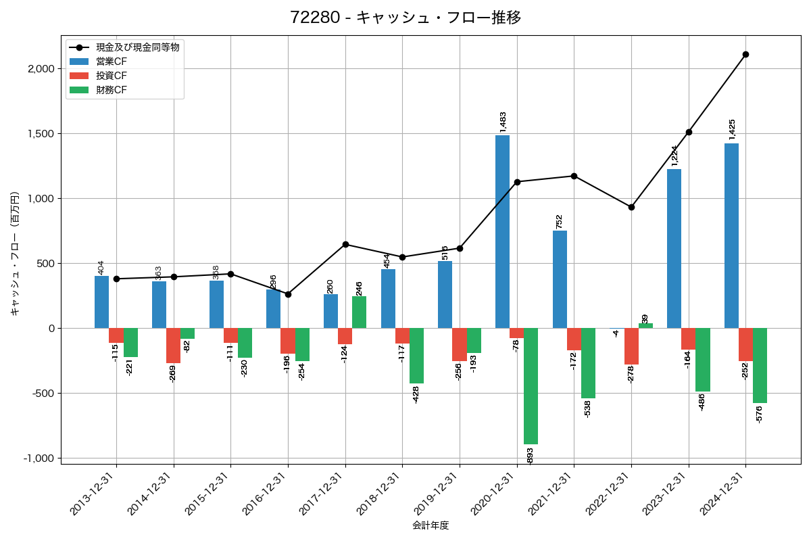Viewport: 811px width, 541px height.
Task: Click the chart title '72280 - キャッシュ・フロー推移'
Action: pyautogui.click(x=405, y=18)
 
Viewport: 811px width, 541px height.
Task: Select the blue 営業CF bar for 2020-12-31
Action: pyautogui.click(x=502, y=231)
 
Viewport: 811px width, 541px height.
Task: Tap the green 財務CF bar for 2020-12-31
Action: pyautogui.click(x=531, y=385)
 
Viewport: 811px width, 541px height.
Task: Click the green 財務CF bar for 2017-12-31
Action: pyautogui.click(x=359, y=312)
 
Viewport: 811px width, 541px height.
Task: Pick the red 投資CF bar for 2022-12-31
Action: pyautogui.click(x=631, y=346)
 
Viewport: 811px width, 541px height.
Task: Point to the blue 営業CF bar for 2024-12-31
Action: pyautogui.click(x=731, y=235)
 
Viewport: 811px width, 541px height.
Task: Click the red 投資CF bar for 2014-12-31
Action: pyautogui.click(x=174, y=346)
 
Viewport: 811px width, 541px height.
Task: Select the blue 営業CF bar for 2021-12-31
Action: pyautogui.click(x=560, y=279)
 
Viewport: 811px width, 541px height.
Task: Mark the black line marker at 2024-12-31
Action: pyautogui.click(x=745, y=54)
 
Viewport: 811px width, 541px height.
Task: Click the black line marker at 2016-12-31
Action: pyautogui.click(x=288, y=294)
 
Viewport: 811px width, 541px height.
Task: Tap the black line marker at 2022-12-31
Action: pyautogui.click(x=631, y=207)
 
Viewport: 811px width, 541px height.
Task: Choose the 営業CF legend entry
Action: pyautogui.click(x=111, y=62)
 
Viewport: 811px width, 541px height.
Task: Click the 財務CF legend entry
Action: pyautogui.click(x=111, y=89)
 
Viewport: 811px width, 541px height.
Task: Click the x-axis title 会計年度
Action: pyautogui.click(x=431, y=525)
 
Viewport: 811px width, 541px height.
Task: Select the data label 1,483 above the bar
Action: pyautogui.click(x=503, y=121)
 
